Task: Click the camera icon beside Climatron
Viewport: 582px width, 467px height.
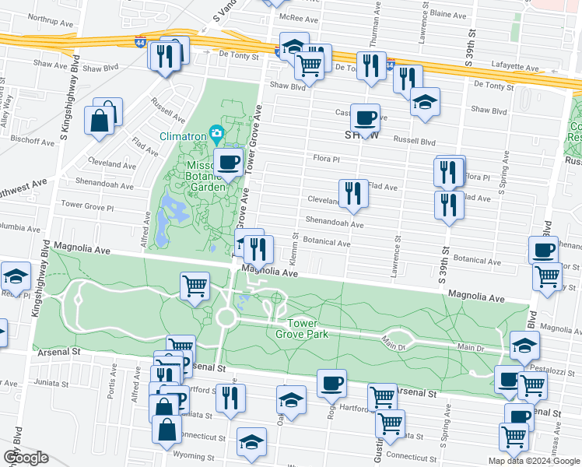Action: point(216,134)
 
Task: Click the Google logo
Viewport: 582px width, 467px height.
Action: point(26,458)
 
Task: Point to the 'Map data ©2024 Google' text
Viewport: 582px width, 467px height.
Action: point(533,461)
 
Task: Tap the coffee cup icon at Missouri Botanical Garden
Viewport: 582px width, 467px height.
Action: point(228,162)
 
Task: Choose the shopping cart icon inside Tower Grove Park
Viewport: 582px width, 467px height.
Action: point(195,284)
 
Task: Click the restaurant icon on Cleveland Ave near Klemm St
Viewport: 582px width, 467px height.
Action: point(353,192)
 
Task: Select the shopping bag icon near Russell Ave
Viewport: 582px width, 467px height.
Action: point(101,121)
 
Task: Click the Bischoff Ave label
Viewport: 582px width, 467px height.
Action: point(32,142)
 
